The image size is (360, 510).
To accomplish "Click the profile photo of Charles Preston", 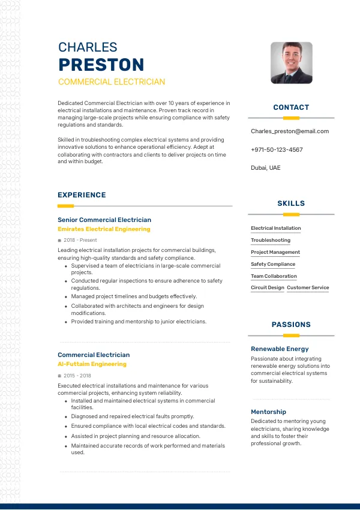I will (x=291, y=62).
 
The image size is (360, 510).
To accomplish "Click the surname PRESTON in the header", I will (x=101, y=65).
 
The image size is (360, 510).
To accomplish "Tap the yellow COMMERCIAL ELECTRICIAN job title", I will (x=112, y=82).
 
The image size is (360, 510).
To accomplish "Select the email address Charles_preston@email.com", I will (x=290, y=131).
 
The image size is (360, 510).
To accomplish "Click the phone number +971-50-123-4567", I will (x=277, y=150).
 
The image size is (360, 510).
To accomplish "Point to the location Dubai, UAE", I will (x=265, y=168).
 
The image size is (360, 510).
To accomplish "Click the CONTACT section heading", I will (x=291, y=107).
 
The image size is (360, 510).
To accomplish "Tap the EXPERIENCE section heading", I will (x=82, y=195).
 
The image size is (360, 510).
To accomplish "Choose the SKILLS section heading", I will (x=291, y=203).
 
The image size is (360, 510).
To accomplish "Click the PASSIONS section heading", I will (x=291, y=325).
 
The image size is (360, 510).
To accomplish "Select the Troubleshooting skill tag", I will (x=271, y=240).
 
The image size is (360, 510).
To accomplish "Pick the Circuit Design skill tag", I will (x=268, y=288).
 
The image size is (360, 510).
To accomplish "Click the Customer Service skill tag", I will (x=308, y=288).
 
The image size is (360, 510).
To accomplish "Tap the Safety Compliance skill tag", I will (x=273, y=264).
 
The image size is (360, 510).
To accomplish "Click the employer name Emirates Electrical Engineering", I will (x=104, y=229).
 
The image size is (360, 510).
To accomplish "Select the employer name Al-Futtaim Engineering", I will (x=92, y=364).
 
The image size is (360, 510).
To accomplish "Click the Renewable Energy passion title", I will (x=280, y=349).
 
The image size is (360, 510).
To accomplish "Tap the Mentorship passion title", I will (x=268, y=412).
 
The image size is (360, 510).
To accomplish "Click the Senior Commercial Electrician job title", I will (x=104, y=220).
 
